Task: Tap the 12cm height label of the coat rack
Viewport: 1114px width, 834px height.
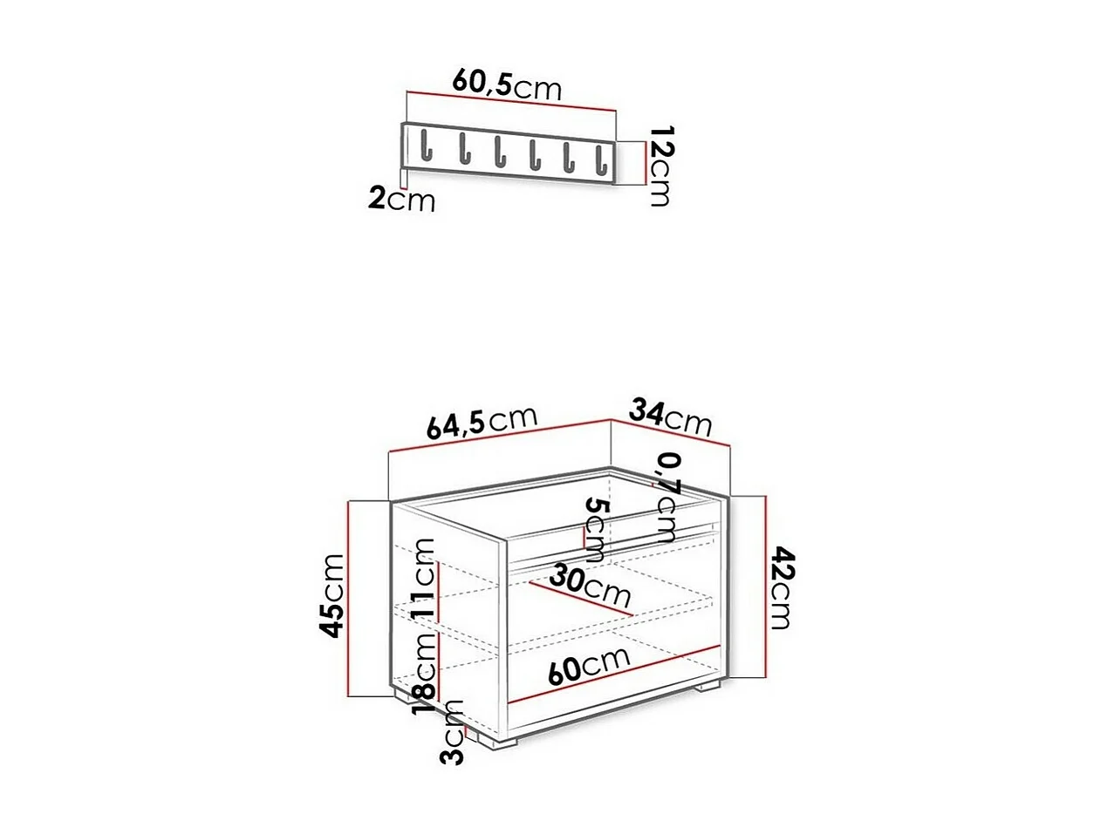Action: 661,166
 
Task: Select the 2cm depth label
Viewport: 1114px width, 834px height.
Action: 400,199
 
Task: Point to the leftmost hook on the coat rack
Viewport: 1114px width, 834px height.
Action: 426,146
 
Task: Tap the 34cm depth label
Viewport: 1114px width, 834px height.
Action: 671,417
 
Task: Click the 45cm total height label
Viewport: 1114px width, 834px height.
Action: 332,595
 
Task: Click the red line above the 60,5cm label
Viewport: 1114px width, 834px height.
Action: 511,100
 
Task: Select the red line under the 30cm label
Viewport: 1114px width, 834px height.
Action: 580,600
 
